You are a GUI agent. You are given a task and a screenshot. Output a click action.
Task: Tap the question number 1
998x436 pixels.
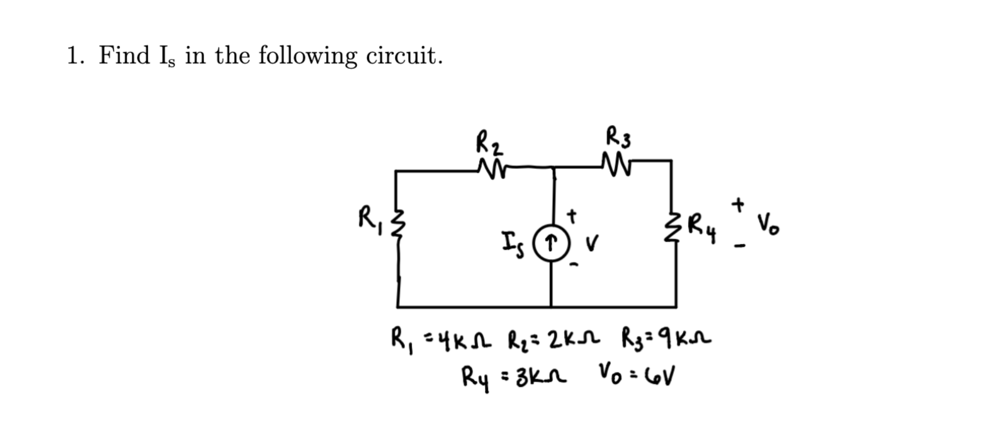pos(74,55)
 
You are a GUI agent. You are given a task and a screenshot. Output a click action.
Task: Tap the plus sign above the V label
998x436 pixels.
pos(572,216)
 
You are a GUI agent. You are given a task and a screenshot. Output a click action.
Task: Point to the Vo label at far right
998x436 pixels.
pos(768,225)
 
